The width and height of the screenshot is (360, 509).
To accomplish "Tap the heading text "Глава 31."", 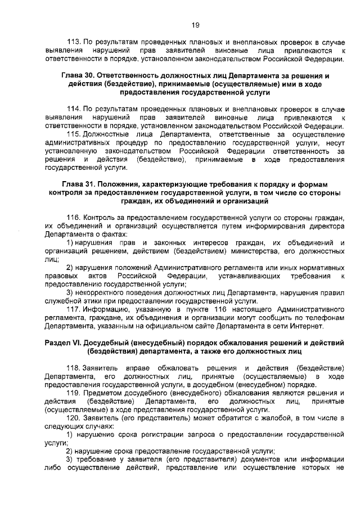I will click(x=79, y=184).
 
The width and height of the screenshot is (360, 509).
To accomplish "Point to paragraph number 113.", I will click(x=74, y=42).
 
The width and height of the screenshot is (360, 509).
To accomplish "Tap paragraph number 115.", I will click(x=74, y=134).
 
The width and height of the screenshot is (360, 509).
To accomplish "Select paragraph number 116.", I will click(x=74, y=218).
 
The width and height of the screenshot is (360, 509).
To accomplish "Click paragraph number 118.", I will click(x=74, y=367).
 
